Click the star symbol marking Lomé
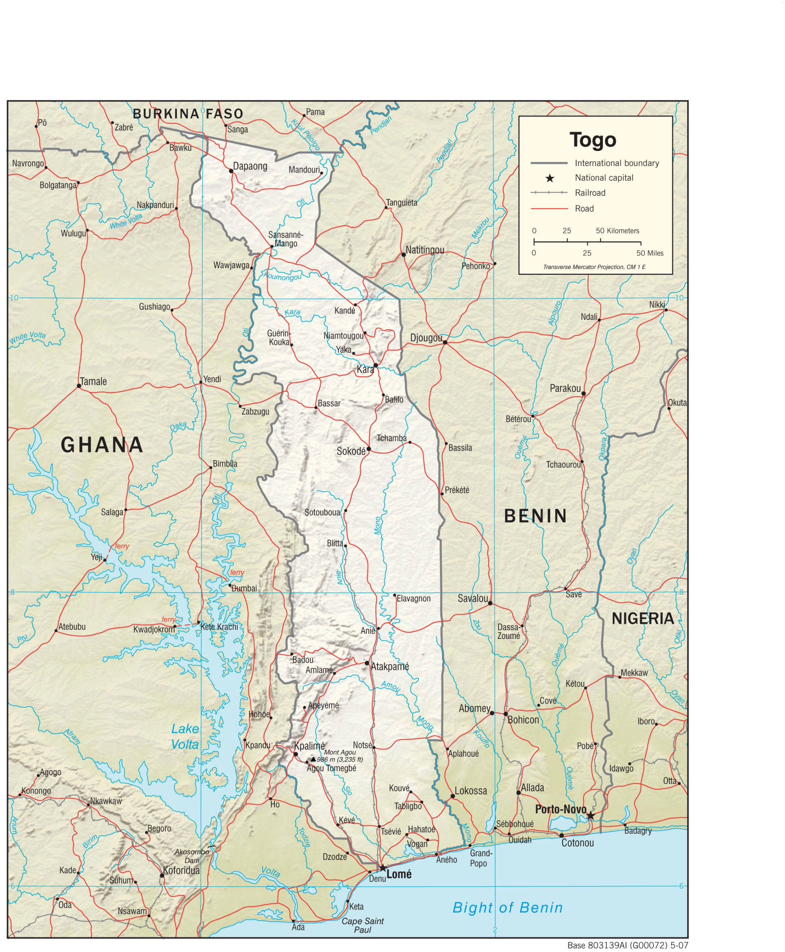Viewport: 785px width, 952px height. pyautogui.click(x=382, y=868)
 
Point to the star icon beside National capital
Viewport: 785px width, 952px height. pyautogui.click(x=549, y=178)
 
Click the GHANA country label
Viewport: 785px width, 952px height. pyautogui.click(x=102, y=445)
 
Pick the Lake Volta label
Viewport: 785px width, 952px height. pyautogui.click(x=185, y=736)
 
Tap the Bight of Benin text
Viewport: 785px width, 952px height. pyautogui.click(x=507, y=907)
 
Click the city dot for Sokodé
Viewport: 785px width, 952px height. pyautogui.click(x=369, y=449)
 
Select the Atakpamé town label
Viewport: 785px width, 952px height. pyautogui.click(x=390, y=666)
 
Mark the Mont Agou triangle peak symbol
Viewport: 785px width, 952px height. pyautogui.click(x=313, y=759)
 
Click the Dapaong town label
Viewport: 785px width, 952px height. pyautogui.click(x=250, y=166)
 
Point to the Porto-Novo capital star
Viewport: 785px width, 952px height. pyautogui.click(x=590, y=816)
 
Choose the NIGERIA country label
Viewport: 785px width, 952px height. pyautogui.click(x=643, y=618)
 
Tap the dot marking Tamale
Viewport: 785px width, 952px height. pyautogui.click(x=78, y=386)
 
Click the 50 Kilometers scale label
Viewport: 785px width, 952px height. pyautogui.click(x=617, y=231)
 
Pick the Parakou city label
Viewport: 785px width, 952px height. pyautogui.click(x=565, y=388)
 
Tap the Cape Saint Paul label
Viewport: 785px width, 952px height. pyautogui.click(x=363, y=925)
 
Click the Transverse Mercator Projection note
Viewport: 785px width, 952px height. pyautogui.click(x=594, y=267)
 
